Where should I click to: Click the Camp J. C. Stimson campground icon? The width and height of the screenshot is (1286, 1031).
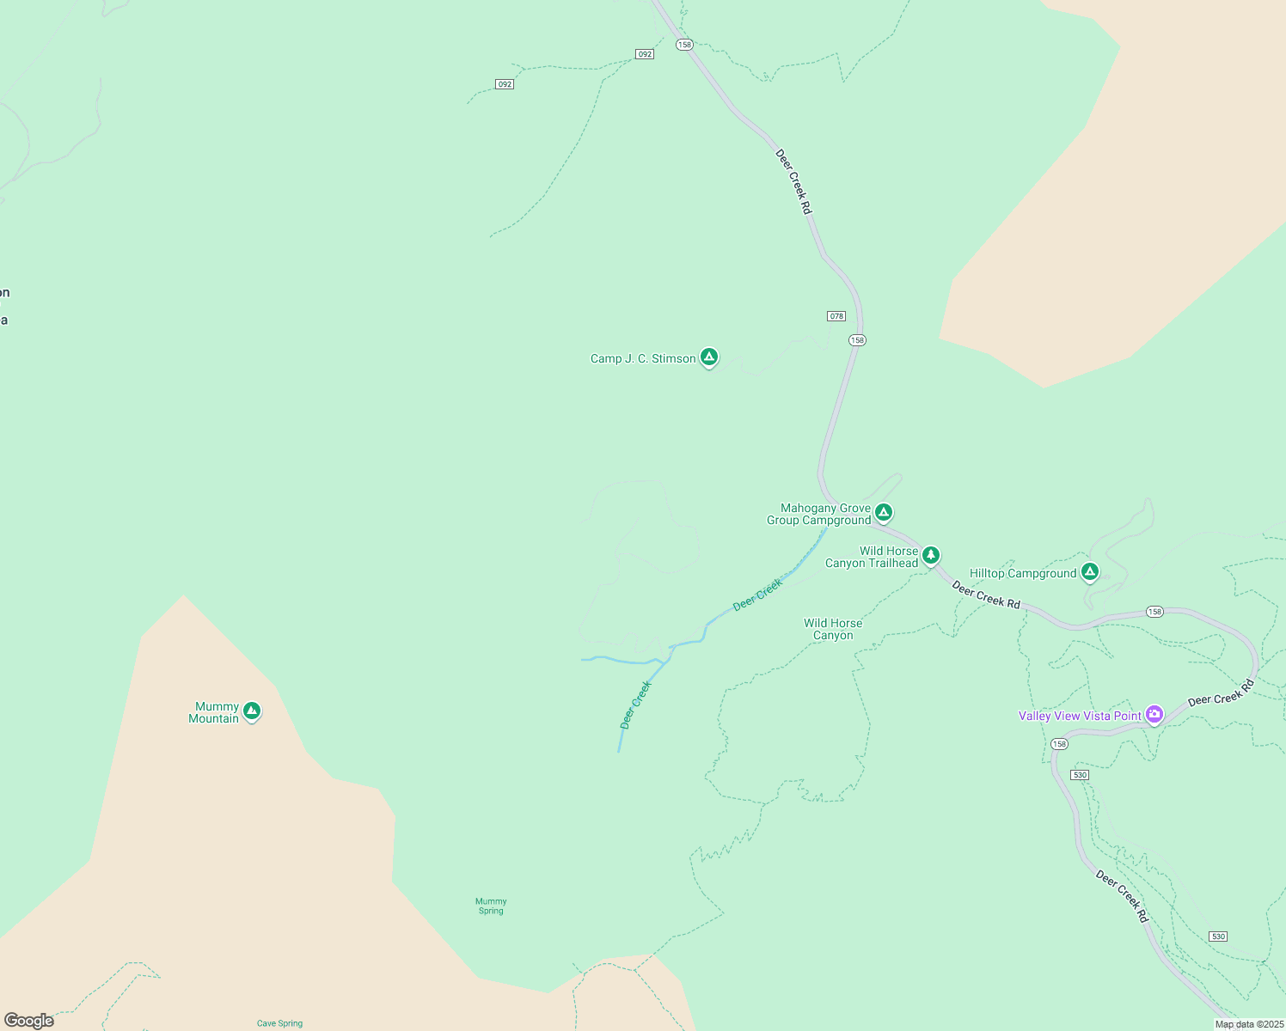point(708,357)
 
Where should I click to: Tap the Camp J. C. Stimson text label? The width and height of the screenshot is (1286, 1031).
point(643,359)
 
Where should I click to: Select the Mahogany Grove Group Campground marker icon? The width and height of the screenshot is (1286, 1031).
point(883,512)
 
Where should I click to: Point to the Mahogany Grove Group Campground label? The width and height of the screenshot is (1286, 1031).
point(818,515)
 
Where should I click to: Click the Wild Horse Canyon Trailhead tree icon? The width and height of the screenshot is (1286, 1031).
point(930,555)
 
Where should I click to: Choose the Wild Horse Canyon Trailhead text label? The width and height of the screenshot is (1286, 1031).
point(872,558)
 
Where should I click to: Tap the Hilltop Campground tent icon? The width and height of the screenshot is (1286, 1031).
point(1090,570)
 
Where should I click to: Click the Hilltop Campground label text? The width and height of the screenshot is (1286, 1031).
point(1023,574)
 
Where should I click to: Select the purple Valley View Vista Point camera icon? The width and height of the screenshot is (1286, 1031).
point(1154,714)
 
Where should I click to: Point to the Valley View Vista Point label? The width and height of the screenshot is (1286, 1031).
point(1080,717)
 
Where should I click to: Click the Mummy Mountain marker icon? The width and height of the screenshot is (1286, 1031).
point(251,711)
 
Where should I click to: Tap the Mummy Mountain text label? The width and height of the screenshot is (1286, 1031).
point(214,713)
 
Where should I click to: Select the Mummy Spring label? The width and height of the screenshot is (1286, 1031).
point(491,906)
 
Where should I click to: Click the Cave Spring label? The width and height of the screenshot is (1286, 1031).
point(279,1023)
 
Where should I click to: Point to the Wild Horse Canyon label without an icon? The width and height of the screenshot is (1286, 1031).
point(833,630)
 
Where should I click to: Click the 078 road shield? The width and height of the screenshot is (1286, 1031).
point(836,316)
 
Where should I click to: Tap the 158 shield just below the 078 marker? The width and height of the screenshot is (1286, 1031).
point(857,340)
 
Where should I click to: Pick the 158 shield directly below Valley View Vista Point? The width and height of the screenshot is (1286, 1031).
point(1060,744)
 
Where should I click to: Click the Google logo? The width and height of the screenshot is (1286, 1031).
point(29,1021)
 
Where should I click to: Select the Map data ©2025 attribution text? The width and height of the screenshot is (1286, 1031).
point(1248,1024)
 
